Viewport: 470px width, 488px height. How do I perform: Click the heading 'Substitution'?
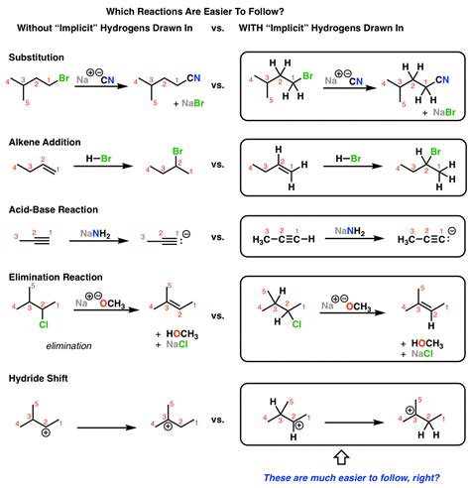[37, 58]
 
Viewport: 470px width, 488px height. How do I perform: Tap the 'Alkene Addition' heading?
[45, 142]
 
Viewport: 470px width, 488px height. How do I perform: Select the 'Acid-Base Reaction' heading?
[54, 209]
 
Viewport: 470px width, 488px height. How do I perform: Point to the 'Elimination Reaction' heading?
[56, 277]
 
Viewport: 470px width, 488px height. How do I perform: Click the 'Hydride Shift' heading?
[38, 378]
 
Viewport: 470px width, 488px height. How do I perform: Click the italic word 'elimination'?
[68, 346]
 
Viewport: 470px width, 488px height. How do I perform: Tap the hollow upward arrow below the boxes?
[341, 457]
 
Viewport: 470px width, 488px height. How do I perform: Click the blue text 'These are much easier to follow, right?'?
[352, 478]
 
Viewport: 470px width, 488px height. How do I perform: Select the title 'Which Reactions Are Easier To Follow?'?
[195, 12]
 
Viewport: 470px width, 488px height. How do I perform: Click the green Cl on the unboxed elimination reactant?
[44, 324]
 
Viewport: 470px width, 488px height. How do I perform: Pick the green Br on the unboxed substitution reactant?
[63, 78]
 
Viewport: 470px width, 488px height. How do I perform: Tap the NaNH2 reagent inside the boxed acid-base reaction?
[350, 231]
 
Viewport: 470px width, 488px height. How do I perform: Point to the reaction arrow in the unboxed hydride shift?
[107, 427]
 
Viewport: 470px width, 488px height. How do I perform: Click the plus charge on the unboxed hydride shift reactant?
[46, 432]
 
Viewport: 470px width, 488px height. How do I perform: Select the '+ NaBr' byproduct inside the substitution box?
[439, 113]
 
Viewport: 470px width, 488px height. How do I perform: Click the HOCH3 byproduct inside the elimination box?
[427, 343]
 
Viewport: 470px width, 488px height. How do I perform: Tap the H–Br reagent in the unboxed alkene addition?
[98, 159]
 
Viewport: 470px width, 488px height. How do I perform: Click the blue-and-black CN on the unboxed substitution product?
[193, 78]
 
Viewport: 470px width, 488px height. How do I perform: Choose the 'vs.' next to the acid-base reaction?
[218, 237]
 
